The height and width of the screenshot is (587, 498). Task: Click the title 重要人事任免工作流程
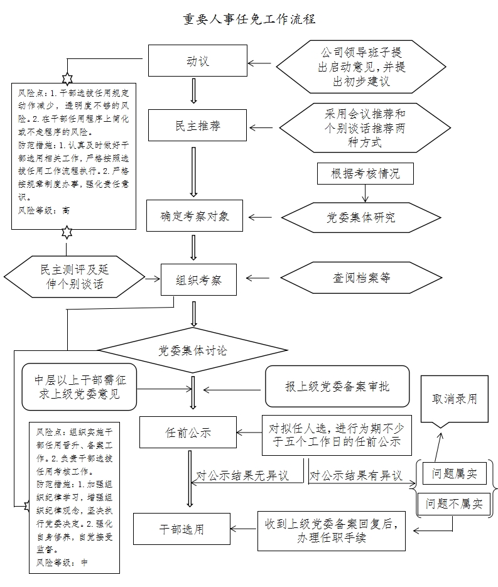(249, 19)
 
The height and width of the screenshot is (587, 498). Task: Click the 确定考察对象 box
(195, 217)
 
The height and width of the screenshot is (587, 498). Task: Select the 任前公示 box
(188, 433)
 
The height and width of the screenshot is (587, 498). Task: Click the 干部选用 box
(181, 529)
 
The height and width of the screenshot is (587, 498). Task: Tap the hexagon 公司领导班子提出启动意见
(364, 66)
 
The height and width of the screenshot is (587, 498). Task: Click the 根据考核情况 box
(365, 174)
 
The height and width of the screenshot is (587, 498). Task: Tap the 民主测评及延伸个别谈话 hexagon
(74, 277)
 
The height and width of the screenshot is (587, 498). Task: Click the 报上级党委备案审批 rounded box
(337, 386)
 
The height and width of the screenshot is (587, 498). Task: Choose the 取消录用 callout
(454, 399)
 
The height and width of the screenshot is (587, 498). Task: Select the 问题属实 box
(454, 474)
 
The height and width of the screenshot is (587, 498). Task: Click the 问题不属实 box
(453, 504)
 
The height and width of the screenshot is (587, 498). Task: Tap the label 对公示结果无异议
(242, 476)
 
